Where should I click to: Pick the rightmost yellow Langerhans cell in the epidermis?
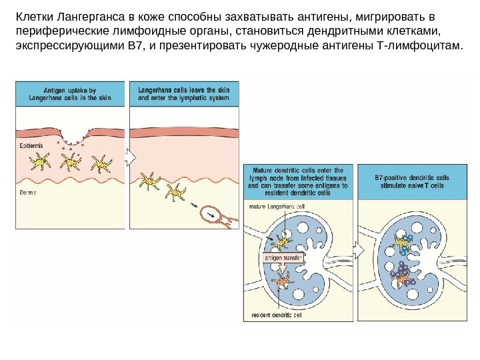pos(101,163)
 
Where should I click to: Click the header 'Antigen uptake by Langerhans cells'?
pos(70,93)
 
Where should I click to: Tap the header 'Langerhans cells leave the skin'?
pos(183,93)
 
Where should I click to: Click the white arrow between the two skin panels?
pos(131,157)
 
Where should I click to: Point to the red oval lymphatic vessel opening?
pos(215,213)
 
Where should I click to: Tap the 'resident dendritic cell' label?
pos(277,315)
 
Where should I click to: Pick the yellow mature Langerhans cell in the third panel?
pos(282,241)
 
